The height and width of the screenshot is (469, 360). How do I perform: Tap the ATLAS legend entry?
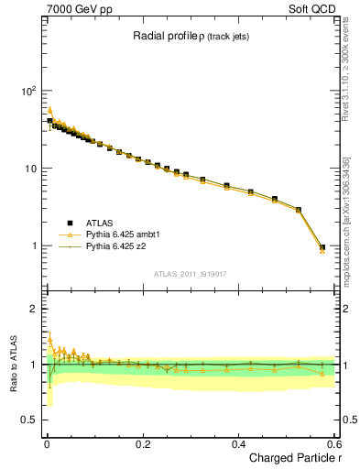pos(100,223)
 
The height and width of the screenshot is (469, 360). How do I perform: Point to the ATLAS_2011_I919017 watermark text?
pos(190,274)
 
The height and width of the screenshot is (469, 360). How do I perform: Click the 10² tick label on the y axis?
pos(27,92)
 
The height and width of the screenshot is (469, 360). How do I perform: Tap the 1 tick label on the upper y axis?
pos(33,246)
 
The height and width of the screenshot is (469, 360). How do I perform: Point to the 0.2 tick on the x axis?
pos(142,443)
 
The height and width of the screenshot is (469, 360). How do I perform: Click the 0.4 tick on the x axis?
pos(238,443)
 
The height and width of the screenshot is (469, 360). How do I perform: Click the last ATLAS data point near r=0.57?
pos(322,247)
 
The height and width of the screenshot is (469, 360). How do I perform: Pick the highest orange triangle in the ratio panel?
pos(49,337)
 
